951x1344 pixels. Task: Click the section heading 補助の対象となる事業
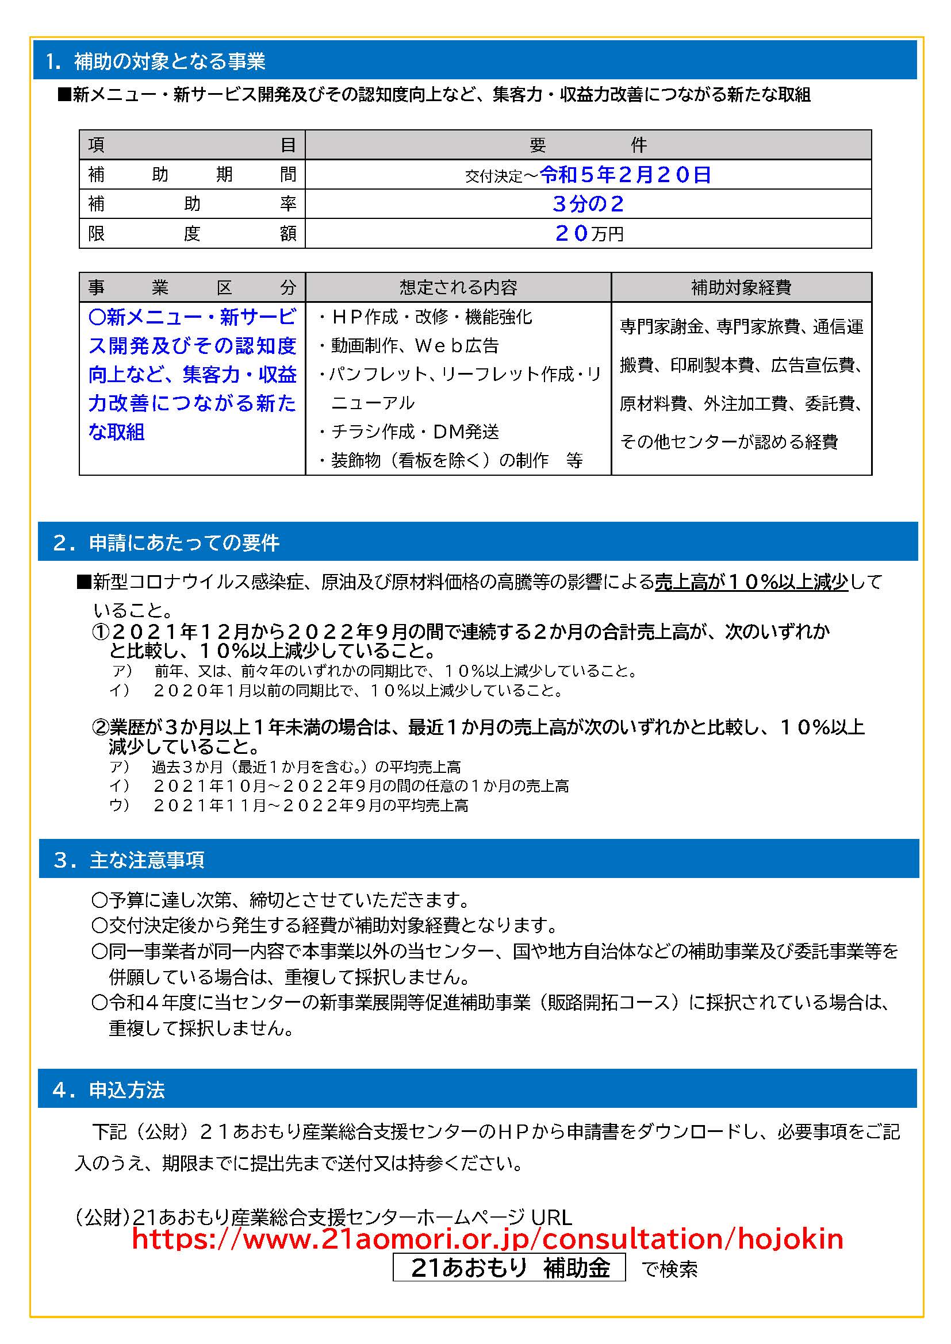[x=169, y=61]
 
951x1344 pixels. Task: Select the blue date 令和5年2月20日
[x=625, y=175]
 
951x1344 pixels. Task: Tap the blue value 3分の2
[x=588, y=204]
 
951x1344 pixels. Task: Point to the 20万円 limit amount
[x=589, y=233]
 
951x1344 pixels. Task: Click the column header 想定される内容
[x=458, y=287]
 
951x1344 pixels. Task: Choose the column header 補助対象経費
[x=741, y=287]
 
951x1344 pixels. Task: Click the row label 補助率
[x=191, y=204]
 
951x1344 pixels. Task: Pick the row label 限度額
[x=191, y=233]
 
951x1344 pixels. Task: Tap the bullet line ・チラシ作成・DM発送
[x=409, y=432]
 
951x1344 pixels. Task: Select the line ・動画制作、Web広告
[x=409, y=346]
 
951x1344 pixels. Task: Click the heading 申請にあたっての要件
[x=184, y=542]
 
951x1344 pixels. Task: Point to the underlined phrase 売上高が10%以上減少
[x=751, y=582]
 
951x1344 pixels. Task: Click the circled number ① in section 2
[x=101, y=632]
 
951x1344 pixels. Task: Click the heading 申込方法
[x=127, y=1090]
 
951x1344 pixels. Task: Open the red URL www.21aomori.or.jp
[x=487, y=1240]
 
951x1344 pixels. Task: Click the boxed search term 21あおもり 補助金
[x=509, y=1268]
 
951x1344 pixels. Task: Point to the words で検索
[x=669, y=1269]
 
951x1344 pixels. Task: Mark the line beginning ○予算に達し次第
[x=281, y=899]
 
